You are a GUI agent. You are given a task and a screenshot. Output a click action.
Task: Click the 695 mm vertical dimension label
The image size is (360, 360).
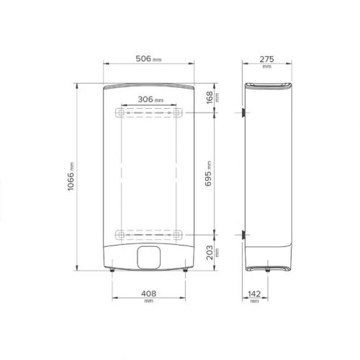209,174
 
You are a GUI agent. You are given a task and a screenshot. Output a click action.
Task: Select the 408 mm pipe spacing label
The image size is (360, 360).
150,294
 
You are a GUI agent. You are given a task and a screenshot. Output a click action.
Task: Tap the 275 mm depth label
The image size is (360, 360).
266,58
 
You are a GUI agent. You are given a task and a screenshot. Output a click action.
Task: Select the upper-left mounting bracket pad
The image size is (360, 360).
120,114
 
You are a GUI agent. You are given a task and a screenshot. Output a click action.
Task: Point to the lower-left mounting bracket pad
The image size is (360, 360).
120,234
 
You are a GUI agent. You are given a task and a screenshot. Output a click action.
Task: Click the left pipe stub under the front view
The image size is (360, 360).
114,271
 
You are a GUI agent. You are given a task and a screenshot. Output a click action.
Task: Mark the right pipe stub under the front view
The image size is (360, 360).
184,271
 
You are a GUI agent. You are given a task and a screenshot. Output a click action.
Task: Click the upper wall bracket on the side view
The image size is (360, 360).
243,114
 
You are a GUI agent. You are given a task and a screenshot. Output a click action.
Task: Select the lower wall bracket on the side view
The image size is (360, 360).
243,234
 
